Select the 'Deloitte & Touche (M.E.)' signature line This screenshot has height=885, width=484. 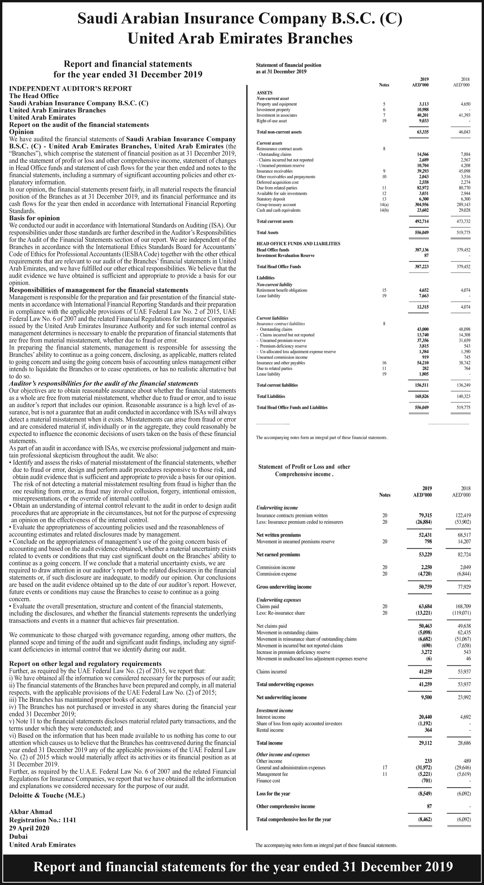click(x=47, y=795)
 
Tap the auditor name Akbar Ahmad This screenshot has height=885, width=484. click(x=31, y=812)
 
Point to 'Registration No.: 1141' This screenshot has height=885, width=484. click(x=43, y=820)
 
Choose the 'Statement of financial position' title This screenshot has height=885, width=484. click(x=289, y=65)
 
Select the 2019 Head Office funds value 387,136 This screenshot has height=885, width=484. click(x=422, y=250)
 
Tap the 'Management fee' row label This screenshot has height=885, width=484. click(x=272, y=774)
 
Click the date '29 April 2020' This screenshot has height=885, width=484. click(x=29, y=828)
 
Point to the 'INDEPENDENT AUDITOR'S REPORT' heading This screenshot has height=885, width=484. click(x=70, y=88)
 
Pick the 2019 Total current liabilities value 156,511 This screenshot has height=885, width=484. click(x=422, y=385)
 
